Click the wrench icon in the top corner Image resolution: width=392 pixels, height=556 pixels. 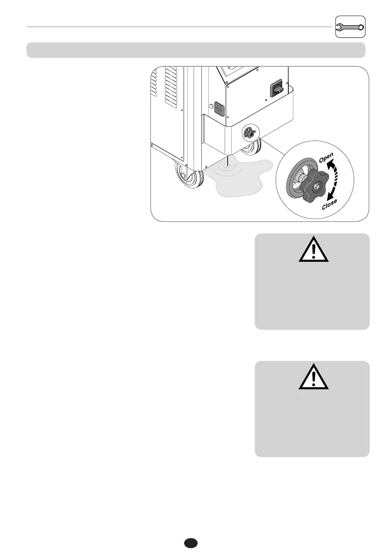pyautogui.click(x=350, y=27)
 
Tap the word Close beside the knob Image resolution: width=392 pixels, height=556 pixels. pyautogui.click(x=329, y=204)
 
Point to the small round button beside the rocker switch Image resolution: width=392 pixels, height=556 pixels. pyautogui.click(x=210, y=106)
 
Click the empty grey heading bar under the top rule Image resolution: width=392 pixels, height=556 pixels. pyautogui.click(x=196, y=50)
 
